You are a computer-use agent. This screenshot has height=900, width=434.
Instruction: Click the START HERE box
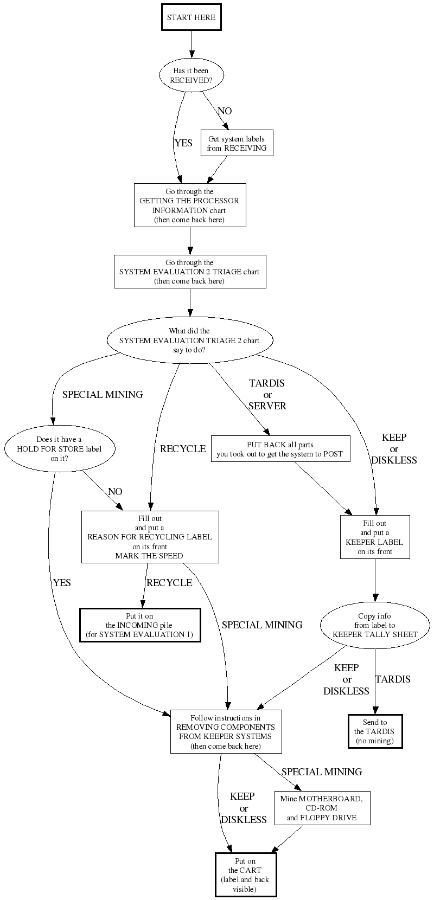click(x=191, y=17)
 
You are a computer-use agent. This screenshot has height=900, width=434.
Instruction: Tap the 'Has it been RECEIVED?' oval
click(x=191, y=75)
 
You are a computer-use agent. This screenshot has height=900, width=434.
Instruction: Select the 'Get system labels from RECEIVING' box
click(x=237, y=143)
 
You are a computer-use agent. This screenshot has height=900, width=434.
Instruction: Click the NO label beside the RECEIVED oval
click(x=225, y=111)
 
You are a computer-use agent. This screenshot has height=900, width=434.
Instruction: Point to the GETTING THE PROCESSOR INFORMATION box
click(x=190, y=205)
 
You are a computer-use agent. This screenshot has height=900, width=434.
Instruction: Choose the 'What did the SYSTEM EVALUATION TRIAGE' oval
click(x=189, y=340)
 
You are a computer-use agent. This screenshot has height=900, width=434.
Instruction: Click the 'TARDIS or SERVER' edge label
click(x=267, y=394)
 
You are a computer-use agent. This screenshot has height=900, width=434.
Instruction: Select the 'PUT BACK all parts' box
click(x=279, y=449)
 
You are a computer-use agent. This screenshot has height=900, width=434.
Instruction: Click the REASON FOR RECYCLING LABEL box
click(x=150, y=537)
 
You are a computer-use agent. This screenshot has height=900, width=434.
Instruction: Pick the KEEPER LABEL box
click(x=375, y=537)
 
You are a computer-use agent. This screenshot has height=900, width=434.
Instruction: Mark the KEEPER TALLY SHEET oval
click(x=375, y=625)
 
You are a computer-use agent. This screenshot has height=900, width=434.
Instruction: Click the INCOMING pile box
click(x=140, y=625)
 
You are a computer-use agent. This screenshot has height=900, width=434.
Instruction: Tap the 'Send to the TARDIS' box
click(x=375, y=731)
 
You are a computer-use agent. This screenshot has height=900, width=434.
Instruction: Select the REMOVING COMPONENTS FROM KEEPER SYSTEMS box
click(x=226, y=731)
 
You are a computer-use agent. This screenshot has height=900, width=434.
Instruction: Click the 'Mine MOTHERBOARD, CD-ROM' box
click(x=322, y=808)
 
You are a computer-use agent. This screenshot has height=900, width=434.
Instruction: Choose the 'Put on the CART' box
click(x=245, y=875)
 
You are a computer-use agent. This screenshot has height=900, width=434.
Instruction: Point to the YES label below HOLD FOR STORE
click(x=62, y=583)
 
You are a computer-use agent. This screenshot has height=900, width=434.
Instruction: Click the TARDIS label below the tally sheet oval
click(x=393, y=679)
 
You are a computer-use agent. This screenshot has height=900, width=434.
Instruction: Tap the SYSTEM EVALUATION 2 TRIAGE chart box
click(x=189, y=272)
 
